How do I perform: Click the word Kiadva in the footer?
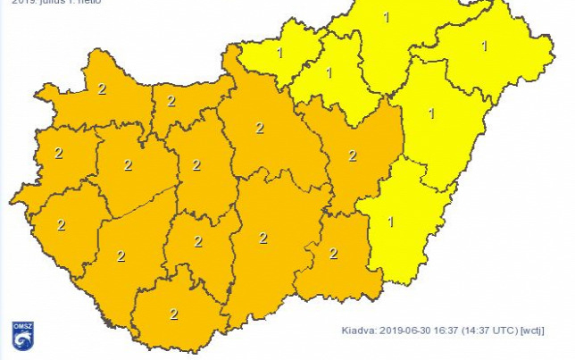point(359,330)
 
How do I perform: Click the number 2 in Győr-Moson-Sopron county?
point(102,89)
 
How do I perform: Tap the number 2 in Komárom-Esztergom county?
point(171,101)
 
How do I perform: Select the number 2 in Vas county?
point(59,153)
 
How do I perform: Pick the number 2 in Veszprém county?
point(128,165)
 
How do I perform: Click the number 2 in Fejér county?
point(196,164)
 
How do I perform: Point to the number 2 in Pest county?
point(260,128)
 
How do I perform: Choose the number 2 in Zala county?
point(61,224)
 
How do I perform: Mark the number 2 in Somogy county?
point(121,256)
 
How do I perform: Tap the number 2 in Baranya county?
point(173,314)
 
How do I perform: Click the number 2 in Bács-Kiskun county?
point(262,238)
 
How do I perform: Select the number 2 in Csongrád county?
point(333,253)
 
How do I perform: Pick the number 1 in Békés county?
point(390,221)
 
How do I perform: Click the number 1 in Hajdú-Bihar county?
point(431,113)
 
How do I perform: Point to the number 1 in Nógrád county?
point(280,53)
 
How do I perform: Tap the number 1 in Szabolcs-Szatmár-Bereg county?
point(485,45)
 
